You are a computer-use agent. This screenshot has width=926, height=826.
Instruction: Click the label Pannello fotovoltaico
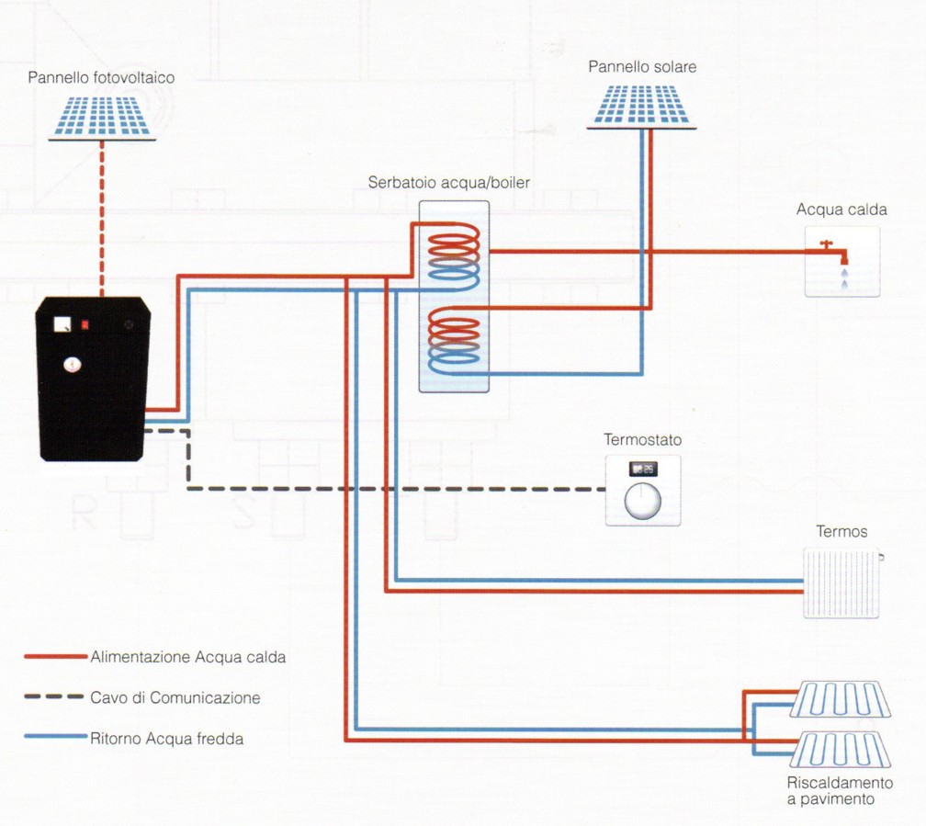click(x=101, y=77)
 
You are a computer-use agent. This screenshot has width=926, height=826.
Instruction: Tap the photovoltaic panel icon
click(x=102, y=119)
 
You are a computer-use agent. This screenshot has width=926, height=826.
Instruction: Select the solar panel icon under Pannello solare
click(x=642, y=107)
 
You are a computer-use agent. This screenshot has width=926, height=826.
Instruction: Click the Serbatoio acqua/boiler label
click(x=448, y=183)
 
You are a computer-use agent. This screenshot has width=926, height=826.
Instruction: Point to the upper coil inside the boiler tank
click(x=453, y=257)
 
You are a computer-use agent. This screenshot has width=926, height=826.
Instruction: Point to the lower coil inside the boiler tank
click(x=453, y=341)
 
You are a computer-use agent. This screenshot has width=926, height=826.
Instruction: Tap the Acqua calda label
click(x=841, y=209)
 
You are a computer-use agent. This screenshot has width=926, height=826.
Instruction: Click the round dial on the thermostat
click(x=642, y=501)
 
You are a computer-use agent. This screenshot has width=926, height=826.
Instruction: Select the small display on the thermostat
click(x=642, y=470)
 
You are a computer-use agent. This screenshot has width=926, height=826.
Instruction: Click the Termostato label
click(x=642, y=439)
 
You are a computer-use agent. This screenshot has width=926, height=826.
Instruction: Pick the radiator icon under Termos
click(x=842, y=583)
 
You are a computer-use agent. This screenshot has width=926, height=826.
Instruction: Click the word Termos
click(x=841, y=532)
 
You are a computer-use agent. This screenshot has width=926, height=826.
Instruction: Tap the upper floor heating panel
click(x=841, y=699)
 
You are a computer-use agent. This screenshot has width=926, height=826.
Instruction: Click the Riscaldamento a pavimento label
click(x=840, y=791)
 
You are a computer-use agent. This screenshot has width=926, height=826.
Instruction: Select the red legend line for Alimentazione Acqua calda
click(x=55, y=656)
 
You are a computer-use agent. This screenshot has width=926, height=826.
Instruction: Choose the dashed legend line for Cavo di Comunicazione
click(x=53, y=697)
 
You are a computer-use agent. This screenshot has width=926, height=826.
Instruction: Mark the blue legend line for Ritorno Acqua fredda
click(x=55, y=736)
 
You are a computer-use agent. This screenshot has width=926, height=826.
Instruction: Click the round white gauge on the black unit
click(x=72, y=365)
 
